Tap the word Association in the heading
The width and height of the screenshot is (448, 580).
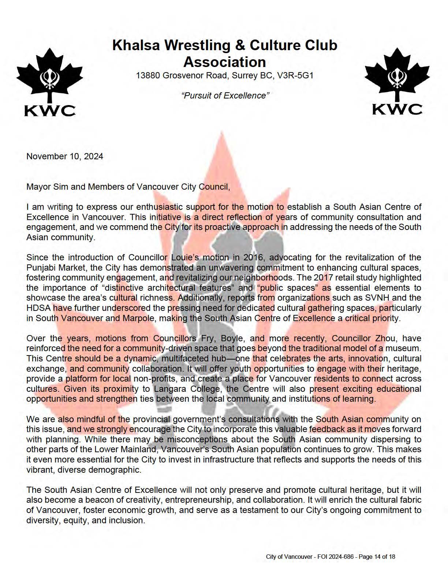click(x=224, y=62)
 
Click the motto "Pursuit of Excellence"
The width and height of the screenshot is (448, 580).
click(x=225, y=96)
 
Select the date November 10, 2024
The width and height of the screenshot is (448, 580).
click(x=65, y=156)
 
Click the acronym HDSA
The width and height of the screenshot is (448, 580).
click(x=38, y=308)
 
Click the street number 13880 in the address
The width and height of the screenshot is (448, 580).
click(x=148, y=76)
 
